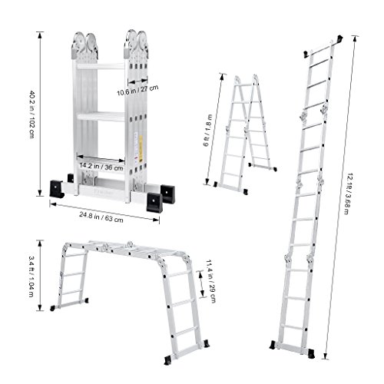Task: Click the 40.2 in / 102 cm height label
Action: point(31,114)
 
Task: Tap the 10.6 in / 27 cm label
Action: point(137,90)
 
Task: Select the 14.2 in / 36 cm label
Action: point(101,167)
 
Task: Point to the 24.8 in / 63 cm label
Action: point(101,217)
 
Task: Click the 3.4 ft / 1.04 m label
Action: point(31,276)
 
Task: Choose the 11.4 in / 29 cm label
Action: point(211,281)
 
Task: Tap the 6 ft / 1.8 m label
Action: point(207,130)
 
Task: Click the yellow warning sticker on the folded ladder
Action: point(141,148)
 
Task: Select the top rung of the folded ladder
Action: point(101,67)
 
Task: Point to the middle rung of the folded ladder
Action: point(101,117)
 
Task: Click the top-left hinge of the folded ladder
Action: point(84,46)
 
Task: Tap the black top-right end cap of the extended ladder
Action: point(339,39)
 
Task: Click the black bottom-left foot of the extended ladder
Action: point(273,345)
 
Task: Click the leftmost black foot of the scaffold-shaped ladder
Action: point(53,308)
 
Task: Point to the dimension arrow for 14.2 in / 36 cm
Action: point(101,158)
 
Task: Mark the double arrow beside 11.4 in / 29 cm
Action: point(202,283)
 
